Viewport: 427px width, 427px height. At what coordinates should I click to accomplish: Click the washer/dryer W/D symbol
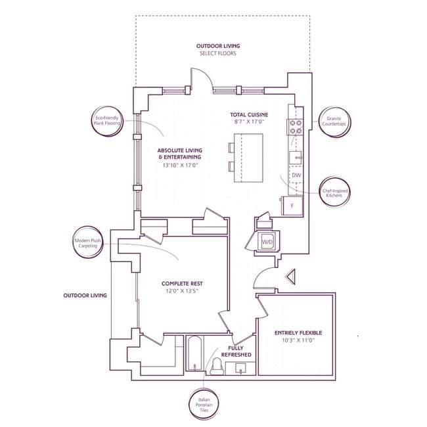pyautogui.click(x=267, y=242)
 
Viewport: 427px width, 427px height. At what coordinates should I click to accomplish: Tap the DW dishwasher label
pyautogui.click(x=296, y=175)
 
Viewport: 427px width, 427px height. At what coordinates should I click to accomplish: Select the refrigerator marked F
pyautogui.click(x=292, y=206)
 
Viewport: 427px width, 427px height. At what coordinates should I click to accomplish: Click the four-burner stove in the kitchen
pyautogui.click(x=296, y=127)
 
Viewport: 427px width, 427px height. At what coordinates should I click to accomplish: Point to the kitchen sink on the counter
pyautogui.click(x=296, y=157)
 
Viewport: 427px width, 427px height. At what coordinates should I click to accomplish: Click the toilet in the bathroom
pyautogui.click(x=217, y=367)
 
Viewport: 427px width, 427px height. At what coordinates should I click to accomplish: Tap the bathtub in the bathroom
pyautogui.click(x=195, y=353)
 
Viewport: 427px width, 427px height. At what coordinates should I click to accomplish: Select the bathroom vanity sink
pyautogui.click(x=240, y=368)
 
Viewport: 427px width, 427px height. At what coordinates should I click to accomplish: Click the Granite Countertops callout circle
pyautogui.click(x=334, y=122)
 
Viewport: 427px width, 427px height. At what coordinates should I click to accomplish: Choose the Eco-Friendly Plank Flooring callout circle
pyautogui.click(x=106, y=121)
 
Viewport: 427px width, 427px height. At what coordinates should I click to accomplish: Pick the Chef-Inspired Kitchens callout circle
pyautogui.click(x=334, y=192)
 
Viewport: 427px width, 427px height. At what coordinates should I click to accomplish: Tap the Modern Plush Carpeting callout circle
pyautogui.click(x=88, y=242)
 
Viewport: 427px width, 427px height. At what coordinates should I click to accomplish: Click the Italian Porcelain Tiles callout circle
pyautogui.click(x=204, y=405)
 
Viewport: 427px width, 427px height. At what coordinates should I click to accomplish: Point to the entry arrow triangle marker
pyautogui.click(x=290, y=277)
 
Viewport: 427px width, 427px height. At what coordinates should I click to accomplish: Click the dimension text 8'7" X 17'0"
pyautogui.click(x=250, y=122)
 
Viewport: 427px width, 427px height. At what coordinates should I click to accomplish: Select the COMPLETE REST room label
pyautogui.click(x=182, y=284)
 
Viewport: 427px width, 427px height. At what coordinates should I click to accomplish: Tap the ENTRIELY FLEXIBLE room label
pyautogui.click(x=298, y=333)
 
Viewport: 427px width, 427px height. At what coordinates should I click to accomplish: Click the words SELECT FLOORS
pyautogui.click(x=218, y=53)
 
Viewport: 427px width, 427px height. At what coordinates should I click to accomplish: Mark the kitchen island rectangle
pyautogui.click(x=248, y=158)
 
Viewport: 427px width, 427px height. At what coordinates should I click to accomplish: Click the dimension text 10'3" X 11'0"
pyautogui.click(x=298, y=340)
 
